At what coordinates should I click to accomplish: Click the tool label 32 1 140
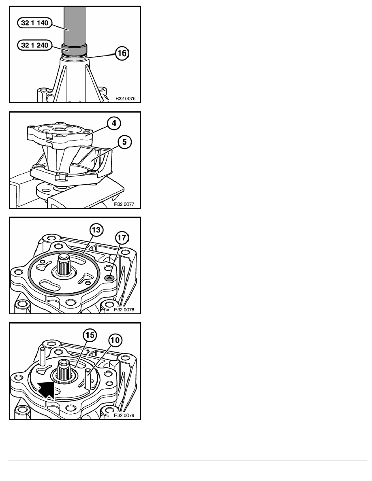35,23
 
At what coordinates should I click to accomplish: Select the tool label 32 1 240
35,45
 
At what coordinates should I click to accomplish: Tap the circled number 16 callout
122,53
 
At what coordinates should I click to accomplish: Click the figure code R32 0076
125,99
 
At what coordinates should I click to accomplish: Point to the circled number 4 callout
114,123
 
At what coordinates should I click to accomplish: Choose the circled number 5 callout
124,142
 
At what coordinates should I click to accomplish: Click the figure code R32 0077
124,204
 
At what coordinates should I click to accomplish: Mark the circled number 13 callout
96,230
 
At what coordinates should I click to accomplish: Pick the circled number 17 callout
122,238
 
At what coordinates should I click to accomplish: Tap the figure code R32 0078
124,310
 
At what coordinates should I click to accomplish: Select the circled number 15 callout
90,335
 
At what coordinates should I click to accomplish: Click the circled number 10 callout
115,340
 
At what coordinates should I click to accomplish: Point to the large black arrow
46,389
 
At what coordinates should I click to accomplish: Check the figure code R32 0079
124,415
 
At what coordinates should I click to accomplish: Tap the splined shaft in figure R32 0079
65,370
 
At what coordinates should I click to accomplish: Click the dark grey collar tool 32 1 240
75,49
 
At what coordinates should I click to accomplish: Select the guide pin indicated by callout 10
88,379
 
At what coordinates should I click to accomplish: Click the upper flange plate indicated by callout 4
60,133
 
